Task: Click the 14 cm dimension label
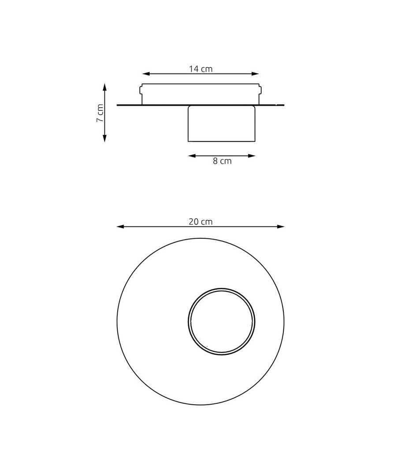pyautogui.click(x=200, y=69)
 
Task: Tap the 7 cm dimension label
pyautogui.click(x=100, y=113)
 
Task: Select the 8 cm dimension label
pyautogui.click(x=222, y=161)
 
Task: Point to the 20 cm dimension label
pyautogui.click(x=200, y=222)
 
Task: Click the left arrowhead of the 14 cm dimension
pyautogui.click(x=146, y=73)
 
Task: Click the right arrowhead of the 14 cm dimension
pyautogui.click(x=255, y=73)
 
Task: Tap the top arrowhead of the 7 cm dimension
pyautogui.click(x=105, y=88)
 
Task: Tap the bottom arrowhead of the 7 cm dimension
pyautogui.click(x=105, y=138)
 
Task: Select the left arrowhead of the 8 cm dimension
pyautogui.click(x=192, y=156)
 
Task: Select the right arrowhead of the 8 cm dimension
pyautogui.click(x=251, y=156)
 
